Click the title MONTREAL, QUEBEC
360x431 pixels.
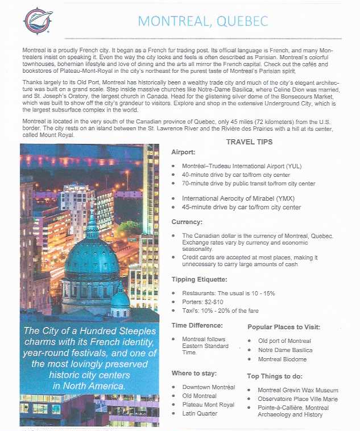coord(203,22)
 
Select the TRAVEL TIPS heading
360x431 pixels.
coord(250,142)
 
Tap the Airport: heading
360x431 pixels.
coord(184,152)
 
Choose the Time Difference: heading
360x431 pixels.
coord(197,325)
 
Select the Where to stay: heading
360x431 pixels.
coord(194,373)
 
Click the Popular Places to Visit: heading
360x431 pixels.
coord(284,328)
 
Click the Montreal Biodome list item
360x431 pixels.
coord(283,359)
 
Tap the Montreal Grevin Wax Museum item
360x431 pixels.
coord(298,390)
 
